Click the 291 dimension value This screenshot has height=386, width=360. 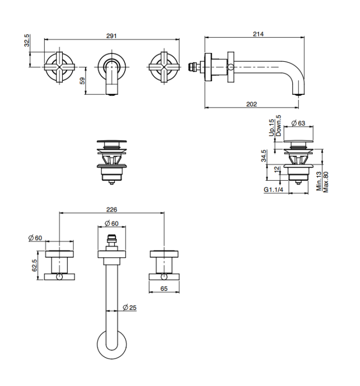click(x=112, y=36)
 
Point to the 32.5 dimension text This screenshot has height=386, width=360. click(x=27, y=41)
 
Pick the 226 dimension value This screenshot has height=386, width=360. click(x=112, y=209)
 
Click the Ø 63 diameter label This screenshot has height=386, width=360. click(x=299, y=124)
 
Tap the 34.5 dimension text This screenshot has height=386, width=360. click(x=263, y=156)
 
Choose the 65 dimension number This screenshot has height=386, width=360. click(x=164, y=289)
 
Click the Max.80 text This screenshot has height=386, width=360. click(x=326, y=182)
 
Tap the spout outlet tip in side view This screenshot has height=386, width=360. click(x=297, y=93)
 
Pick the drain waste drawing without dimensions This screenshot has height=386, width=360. click(x=111, y=160)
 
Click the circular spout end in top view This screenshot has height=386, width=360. click(x=111, y=345)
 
